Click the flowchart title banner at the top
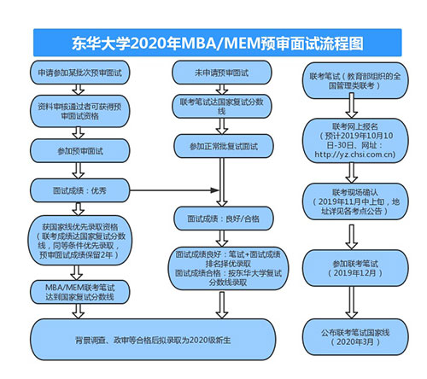213,41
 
